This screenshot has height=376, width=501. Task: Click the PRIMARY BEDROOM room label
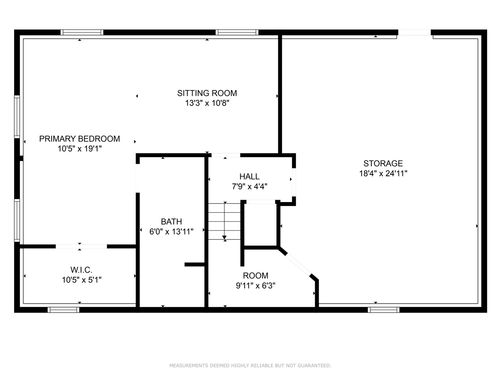(x=79, y=139)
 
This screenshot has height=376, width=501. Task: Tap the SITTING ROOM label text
(x=207, y=93)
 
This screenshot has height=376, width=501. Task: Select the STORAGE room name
(x=383, y=163)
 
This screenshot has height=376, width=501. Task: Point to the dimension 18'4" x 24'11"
(x=383, y=174)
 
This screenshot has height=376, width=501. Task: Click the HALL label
(x=249, y=177)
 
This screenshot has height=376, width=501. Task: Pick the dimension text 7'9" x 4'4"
(x=249, y=187)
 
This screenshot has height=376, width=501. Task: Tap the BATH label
(x=171, y=222)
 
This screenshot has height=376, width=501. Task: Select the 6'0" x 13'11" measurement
(x=171, y=232)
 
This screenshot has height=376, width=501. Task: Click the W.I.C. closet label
(x=81, y=270)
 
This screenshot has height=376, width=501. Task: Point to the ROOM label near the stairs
(x=255, y=276)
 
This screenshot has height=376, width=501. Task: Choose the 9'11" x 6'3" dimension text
(x=255, y=286)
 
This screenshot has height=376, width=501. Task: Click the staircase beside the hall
(x=224, y=221)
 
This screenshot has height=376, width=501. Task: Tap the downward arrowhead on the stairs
(x=224, y=237)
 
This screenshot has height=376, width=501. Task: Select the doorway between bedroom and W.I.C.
(x=81, y=246)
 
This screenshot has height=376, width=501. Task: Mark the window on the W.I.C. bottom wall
(x=63, y=310)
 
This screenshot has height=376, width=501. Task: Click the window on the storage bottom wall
(x=383, y=310)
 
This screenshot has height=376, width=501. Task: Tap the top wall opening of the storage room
(x=414, y=33)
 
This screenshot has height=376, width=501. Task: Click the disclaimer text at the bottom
(x=250, y=365)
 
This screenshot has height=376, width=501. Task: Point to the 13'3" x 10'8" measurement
(x=207, y=103)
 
